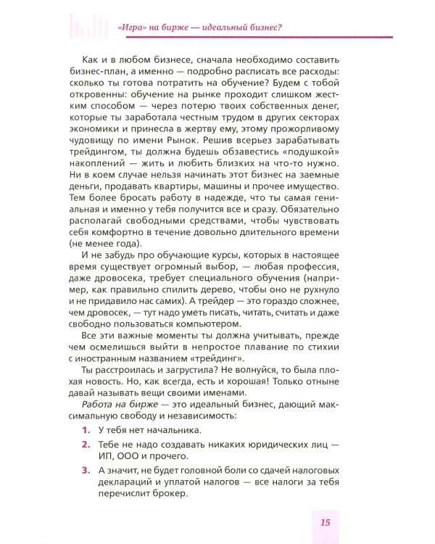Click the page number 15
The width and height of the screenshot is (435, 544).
pyautogui.click(x=325, y=522)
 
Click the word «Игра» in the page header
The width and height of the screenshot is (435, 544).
pyautogui.click(x=130, y=28)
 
